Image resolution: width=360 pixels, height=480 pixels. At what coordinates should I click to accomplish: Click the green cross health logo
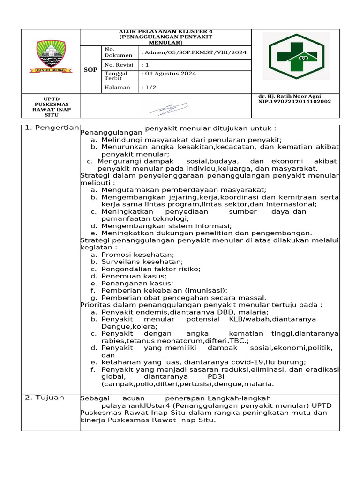296,57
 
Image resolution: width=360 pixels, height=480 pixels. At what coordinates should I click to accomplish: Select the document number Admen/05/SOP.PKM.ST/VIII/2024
194,52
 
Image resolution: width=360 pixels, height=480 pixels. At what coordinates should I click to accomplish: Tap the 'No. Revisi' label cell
119,65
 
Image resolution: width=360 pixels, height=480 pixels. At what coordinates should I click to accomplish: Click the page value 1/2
149,88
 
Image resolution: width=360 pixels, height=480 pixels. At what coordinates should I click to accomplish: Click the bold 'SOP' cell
90,70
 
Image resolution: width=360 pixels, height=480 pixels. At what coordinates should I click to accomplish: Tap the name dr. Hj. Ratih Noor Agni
289,96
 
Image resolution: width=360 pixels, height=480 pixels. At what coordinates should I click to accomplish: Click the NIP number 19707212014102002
294,101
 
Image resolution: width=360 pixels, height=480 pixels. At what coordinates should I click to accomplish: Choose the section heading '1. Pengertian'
52,128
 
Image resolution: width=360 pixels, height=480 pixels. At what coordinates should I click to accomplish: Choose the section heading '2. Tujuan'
44,397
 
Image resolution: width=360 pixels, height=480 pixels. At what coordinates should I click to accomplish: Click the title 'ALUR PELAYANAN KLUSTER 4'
165,31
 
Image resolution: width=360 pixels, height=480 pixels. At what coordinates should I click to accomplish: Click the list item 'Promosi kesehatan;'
130,254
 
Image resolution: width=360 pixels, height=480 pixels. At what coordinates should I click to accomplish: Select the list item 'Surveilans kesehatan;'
135,262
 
